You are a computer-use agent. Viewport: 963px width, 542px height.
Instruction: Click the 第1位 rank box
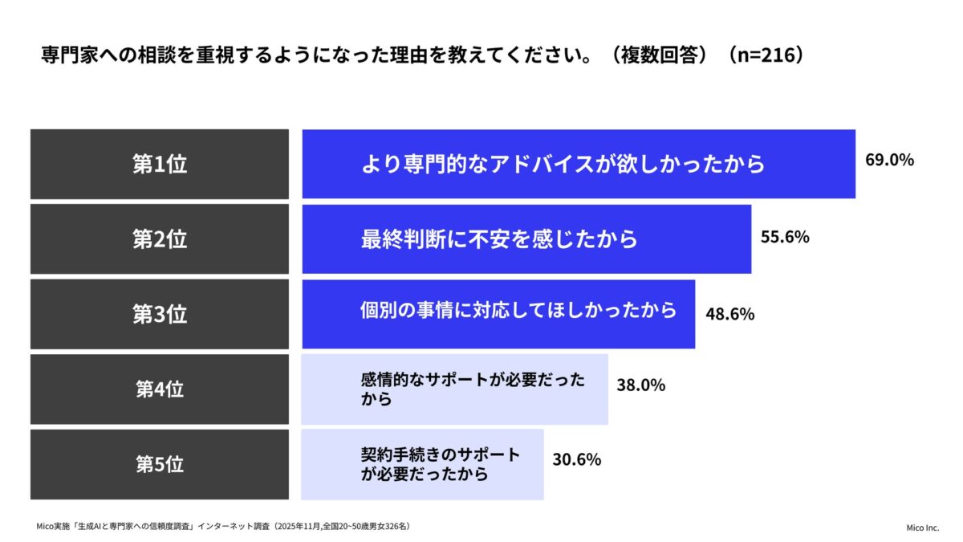click(x=160, y=164)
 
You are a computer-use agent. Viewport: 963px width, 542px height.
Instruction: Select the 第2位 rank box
click(x=160, y=238)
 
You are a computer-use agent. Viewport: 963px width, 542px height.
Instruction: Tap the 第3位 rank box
click(x=160, y=314)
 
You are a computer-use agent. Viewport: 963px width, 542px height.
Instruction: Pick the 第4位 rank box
click(x=160, y=389)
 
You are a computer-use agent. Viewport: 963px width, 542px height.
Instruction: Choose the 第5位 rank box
click(x=160, y=464)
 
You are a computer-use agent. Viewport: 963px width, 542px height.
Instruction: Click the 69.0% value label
click(x=889, y=160)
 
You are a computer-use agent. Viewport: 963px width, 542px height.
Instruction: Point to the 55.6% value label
click(x=785, y=237)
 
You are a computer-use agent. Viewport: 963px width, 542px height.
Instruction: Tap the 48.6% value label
click(x=729, y=314)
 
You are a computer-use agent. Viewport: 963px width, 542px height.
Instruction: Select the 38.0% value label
click(x=640, y=385)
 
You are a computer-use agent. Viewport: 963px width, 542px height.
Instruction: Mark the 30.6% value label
click(x=577, y=460)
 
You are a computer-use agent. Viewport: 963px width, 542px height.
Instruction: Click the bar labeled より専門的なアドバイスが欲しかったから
click(x=579, y=164)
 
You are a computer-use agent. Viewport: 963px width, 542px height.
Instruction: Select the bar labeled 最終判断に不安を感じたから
click(x=526, y=238)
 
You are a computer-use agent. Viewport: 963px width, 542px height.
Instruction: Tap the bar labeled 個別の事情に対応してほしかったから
click(x=498, y=314)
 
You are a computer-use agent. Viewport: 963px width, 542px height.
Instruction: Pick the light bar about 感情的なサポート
click(x=454, y=389)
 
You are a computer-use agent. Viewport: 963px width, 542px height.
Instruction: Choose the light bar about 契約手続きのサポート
click(x=422, y=464)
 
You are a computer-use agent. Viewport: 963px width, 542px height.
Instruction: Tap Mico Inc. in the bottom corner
click(x=921, y=528)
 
